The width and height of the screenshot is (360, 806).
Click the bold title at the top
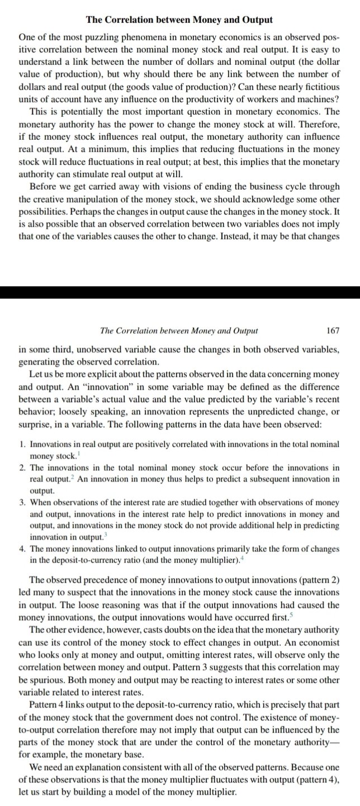[179, 20]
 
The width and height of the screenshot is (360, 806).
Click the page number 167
[332, 331]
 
